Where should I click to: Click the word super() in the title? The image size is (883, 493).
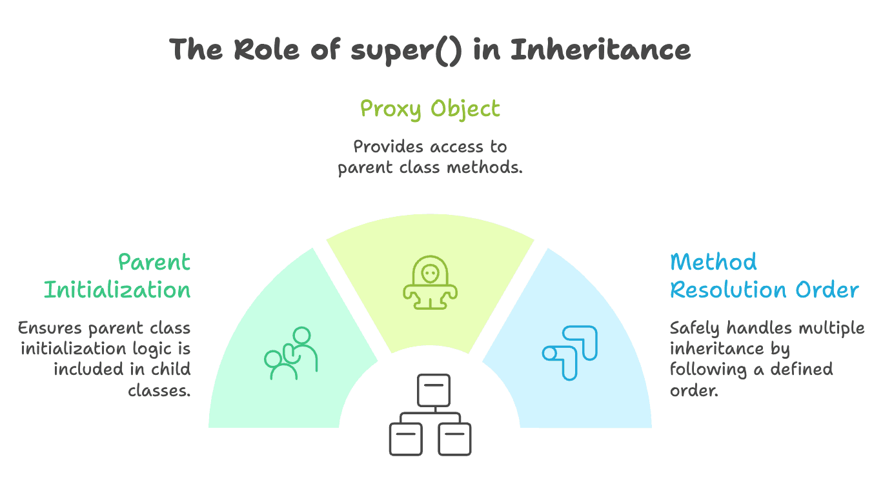(x=406, y=50)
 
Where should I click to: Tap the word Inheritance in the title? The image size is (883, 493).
(x=600, y=50)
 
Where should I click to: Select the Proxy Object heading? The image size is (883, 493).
(x=430, y=108)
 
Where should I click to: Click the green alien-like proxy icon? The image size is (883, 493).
(x=430, y=285)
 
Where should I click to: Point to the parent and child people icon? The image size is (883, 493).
(x=291, y=354)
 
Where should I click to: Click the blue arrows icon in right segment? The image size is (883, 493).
(x=569, y=352)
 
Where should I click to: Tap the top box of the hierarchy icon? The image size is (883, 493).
(x=434, y=390)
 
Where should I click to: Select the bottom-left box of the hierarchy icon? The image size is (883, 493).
(x=405, y=439)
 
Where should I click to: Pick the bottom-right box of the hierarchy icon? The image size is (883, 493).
(x=454, y=439)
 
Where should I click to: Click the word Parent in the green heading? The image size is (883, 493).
(x=154, y=262)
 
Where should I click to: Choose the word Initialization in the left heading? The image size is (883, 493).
(x=117, y=290)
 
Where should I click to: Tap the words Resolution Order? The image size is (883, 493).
(x=764, y=290)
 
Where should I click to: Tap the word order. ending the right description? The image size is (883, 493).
(x=694, y=390)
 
